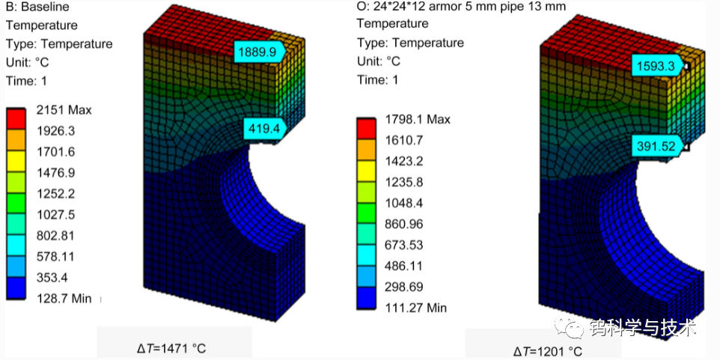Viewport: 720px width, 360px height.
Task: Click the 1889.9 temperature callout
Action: click(x=260, y=52)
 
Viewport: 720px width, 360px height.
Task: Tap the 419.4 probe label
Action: click(x=265, y=128)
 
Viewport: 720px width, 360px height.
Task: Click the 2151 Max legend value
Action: click(x=64, y=110)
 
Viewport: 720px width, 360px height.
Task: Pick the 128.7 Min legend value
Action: click(x=64, y=299)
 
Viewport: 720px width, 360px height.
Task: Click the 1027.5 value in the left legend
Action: click(x=56, y=215)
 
